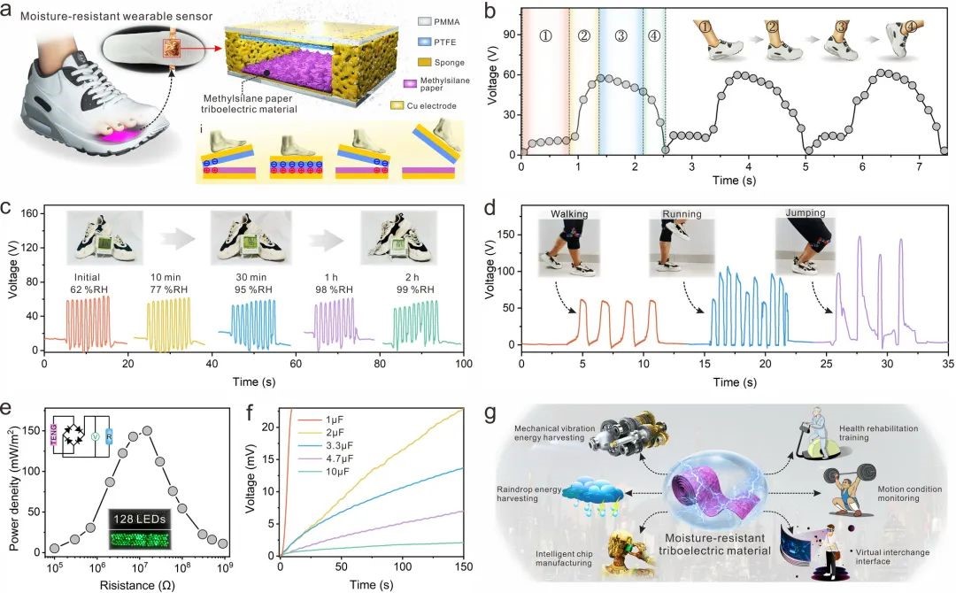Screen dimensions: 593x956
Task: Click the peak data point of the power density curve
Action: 148,430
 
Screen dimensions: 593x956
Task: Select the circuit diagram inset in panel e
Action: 84,437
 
